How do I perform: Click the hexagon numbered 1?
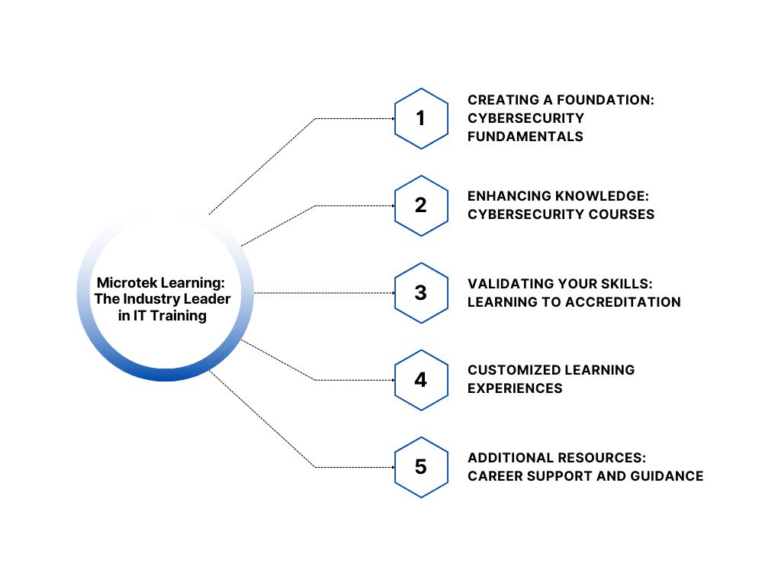(420, 118)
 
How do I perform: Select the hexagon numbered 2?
(420, 206)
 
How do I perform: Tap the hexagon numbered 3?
(420, 293)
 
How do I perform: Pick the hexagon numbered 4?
(420, 380)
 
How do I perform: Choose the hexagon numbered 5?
(420, 467)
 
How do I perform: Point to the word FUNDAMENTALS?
(525, 137)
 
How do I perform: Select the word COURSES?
(619, 214)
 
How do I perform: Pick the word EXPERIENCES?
(515, 388)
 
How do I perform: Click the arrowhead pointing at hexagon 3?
(390, 293)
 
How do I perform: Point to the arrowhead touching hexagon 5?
(390, 467)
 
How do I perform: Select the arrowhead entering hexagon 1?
(390, 118)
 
